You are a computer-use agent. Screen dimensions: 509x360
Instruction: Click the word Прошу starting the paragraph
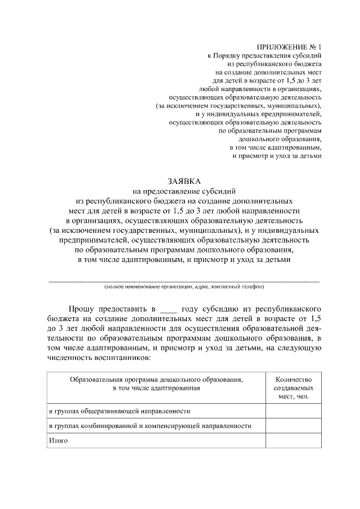click(x=81, y=309)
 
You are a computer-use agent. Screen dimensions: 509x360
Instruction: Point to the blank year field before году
click(x=168, y=309)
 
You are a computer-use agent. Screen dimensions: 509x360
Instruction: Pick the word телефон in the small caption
click(x=253, y=287)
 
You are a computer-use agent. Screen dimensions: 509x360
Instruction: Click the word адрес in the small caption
click(x=199, y=287)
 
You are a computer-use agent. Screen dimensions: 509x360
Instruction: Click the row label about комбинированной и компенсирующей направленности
click(x=149, y=426)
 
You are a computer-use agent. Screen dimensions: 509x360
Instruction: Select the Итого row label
click(x=57, y=440)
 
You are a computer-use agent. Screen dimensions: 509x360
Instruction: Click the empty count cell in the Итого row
click(x=294, y=440)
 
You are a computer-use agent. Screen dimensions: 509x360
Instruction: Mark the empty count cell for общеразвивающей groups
click(x=294, y=412)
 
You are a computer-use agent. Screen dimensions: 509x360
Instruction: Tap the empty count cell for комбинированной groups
click(x=294, y=426)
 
